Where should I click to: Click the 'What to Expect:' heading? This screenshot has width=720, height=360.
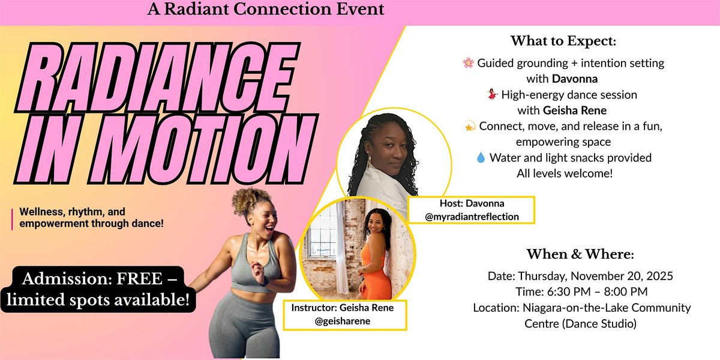coord(563,41)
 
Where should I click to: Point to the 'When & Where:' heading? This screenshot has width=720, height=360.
coord(580,254)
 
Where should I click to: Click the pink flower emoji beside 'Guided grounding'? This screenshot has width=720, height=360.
coord(469,62)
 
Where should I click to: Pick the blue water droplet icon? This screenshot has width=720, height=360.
coord(480,158)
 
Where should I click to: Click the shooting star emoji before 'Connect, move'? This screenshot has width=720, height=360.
coord(470,126)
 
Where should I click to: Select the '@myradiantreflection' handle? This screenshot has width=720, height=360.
coord(472,217)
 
